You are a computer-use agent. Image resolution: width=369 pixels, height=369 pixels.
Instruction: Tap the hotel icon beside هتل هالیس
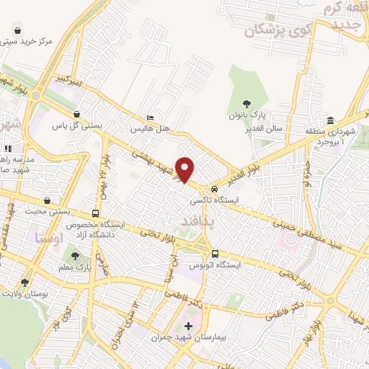[x=150, y=118]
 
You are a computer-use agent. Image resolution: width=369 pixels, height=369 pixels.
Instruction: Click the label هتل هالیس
[x=149, y=129]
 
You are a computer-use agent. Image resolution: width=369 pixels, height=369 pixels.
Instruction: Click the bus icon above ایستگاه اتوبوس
[x=215, y=253]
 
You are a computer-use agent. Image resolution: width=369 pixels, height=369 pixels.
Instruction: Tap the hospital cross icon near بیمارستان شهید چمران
[x=189, y=326]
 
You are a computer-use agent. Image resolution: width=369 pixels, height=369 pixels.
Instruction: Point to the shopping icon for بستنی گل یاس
[x=77, y=114]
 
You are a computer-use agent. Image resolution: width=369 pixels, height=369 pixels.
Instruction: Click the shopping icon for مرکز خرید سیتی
[x=17, y=31]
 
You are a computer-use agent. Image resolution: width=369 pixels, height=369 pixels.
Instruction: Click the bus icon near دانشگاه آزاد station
[x=96, y=214]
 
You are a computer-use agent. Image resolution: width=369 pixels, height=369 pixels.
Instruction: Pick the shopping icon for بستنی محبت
[x=47, y=200]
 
